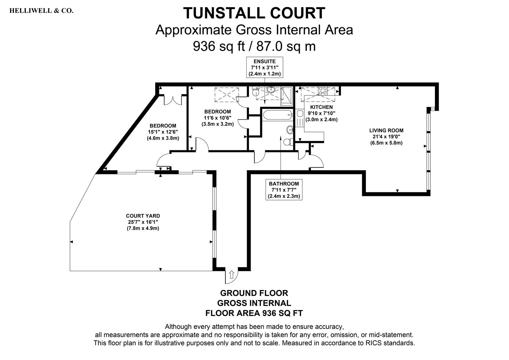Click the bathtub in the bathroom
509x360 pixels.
tap(277, 115)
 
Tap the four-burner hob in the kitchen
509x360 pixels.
tap(323, 91)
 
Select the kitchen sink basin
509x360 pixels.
tap(300, 113)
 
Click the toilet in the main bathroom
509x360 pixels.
tap(288, 142)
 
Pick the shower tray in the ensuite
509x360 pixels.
tap(287, 97)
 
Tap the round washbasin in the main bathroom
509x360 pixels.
tap(290, 130)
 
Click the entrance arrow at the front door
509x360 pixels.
tap(232, 274)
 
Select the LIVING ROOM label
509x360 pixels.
tap(386, 130)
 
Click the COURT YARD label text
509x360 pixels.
tap(143, 216)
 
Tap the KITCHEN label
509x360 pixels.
tap(321, 107)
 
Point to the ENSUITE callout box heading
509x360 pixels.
tap(264, 61)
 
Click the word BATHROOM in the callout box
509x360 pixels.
tap(284, 184)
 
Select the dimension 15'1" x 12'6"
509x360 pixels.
tap(163, 132)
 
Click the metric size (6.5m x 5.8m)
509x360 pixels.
tap(386, 143)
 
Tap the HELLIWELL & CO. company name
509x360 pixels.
tap(41, 11)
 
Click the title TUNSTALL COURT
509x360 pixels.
tap(254, 13)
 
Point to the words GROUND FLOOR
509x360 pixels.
tap(254, 293)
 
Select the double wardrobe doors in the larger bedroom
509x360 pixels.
tap(173, 100)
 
